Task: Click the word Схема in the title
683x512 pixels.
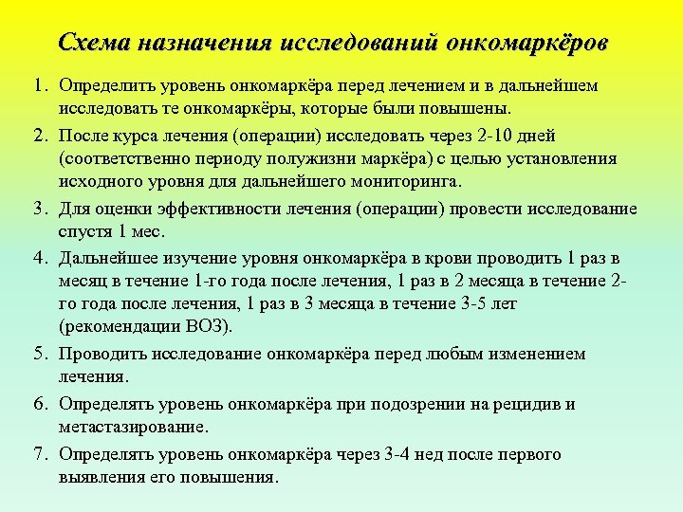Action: (x=93, y=44)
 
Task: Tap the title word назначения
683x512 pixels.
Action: (x=202, y=44)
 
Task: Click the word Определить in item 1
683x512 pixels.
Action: (x=105, y=85)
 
